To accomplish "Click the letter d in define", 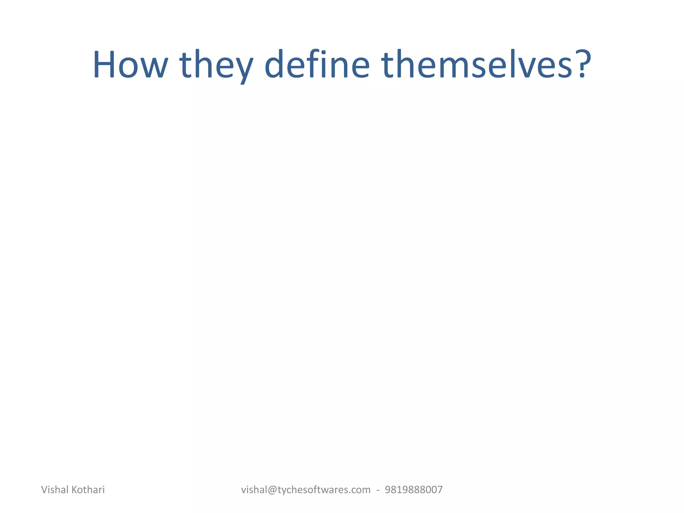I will click(276, 64).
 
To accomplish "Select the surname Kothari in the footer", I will click(89, 490).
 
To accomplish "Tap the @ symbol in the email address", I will click(271, 490).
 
